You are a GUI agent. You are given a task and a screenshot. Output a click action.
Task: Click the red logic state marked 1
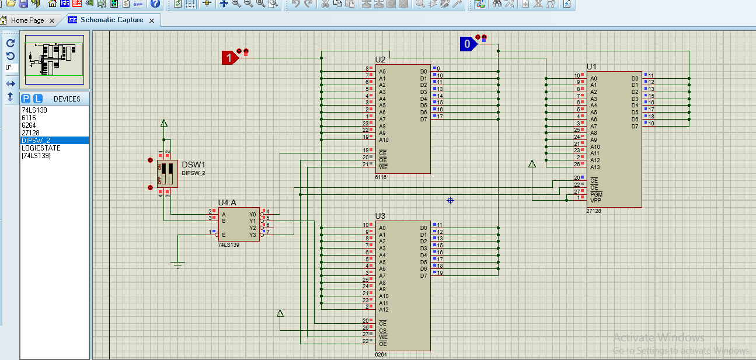[x=229, y=58]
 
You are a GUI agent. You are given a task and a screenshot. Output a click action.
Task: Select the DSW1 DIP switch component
[x=167, y=174]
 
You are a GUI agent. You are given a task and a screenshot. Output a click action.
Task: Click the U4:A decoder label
[x=227, y=202]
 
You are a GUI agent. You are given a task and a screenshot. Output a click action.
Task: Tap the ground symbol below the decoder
[x=178, y=265]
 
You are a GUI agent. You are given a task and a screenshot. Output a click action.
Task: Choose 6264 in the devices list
[x=29, y=125]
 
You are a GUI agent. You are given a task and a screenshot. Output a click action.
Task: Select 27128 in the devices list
[x=30, y=132]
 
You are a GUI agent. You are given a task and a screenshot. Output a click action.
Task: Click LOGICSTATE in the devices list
[x=41, y=148]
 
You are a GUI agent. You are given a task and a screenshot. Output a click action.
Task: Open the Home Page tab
[x=27, y=20]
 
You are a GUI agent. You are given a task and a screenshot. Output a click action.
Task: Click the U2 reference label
[x=380, y=60]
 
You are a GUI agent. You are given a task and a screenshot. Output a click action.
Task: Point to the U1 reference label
[x=591, y=67]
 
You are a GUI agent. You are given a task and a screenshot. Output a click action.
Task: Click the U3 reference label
[x=380, y=216]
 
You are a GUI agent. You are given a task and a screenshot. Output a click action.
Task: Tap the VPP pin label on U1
[x=595, y=200]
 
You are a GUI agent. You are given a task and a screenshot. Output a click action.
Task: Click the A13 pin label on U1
[x=594, y=167]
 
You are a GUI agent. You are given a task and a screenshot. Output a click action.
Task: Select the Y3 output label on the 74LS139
[x=253, y=235]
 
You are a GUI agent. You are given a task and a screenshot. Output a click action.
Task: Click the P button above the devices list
[x=26, y=99]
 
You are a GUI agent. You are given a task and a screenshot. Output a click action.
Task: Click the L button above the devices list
[x=37, y=99]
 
